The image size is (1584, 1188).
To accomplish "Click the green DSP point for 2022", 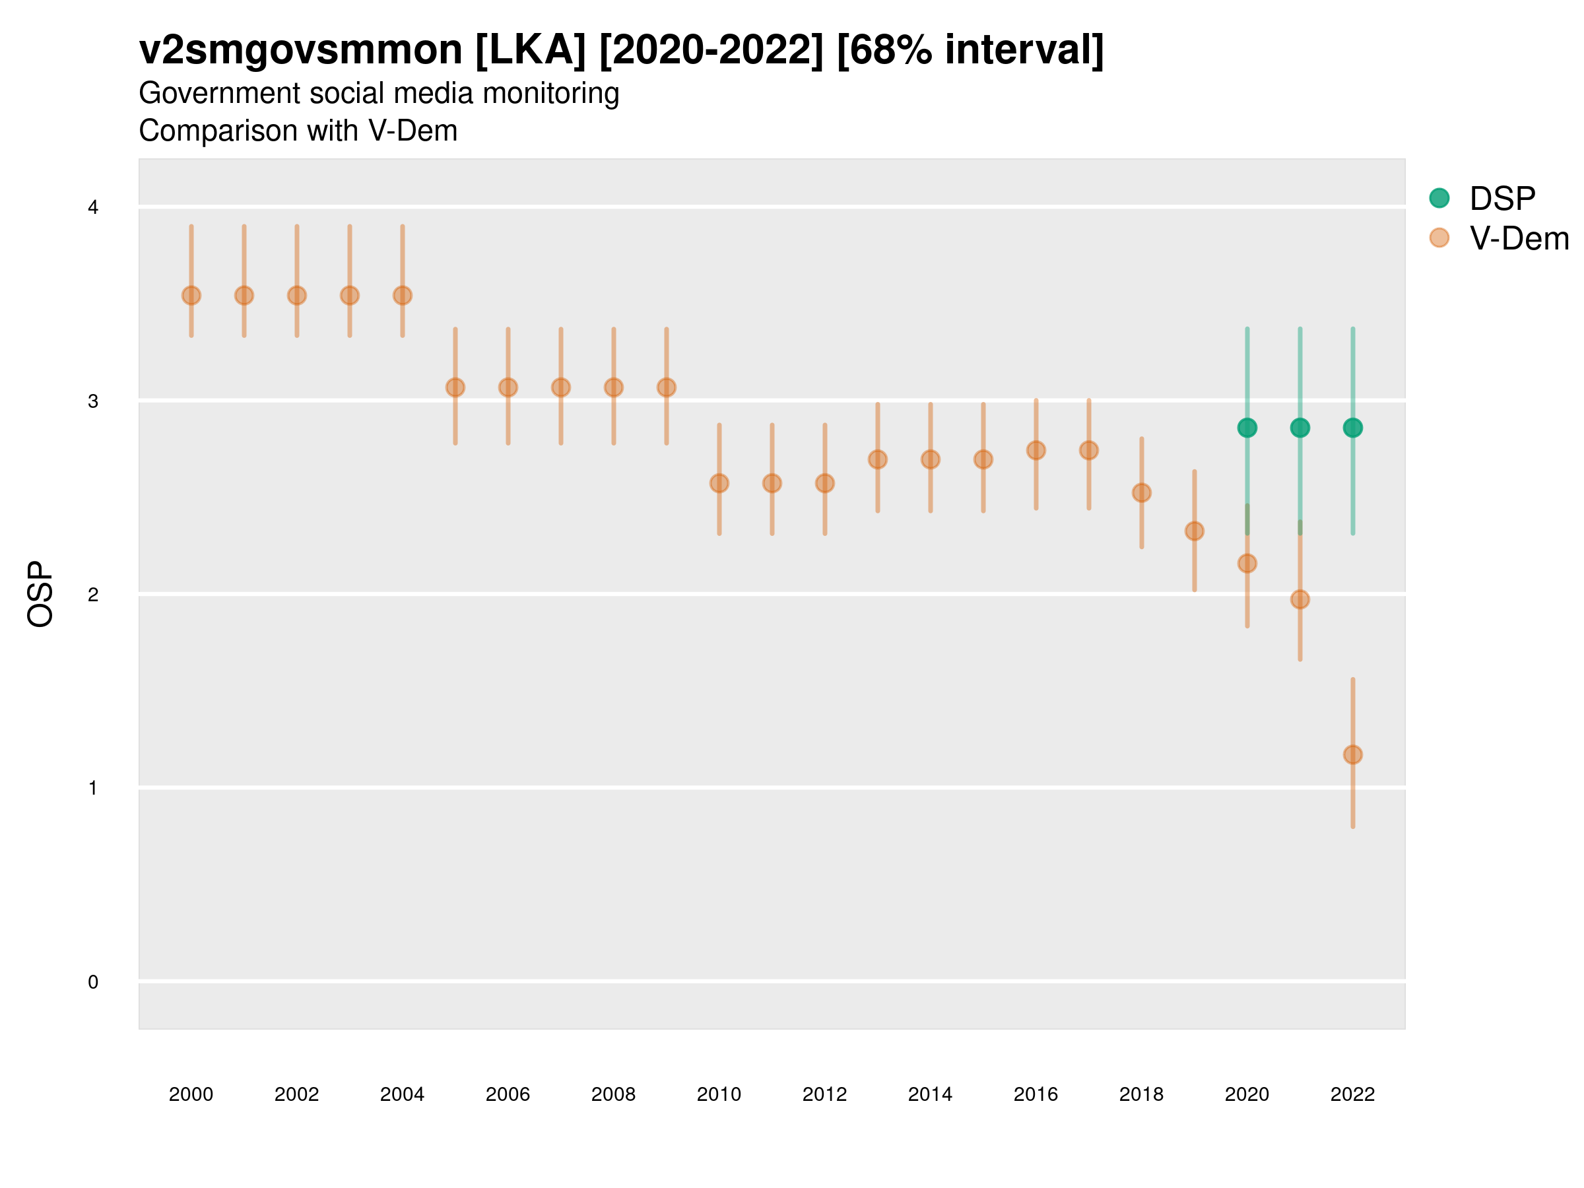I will (x=1353, y=428).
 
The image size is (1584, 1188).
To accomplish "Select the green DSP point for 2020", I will (x=1247, y=428).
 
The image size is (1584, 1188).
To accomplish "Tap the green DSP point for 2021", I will (x=1300, y=428).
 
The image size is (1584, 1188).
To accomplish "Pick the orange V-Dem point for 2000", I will (x=191, y=295).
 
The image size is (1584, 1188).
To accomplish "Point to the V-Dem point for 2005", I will (x=455, y=387).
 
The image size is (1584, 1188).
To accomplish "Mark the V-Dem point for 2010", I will (x=719, y=483).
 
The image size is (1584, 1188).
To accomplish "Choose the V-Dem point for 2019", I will (x=1195, y=531).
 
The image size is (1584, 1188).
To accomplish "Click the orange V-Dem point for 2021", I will (x=1300, y=599).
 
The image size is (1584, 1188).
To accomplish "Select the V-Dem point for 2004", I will (x=403, y=295).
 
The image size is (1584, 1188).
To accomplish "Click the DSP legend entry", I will (x=1501, y=199).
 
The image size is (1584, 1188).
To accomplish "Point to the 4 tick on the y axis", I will (x=93, y=208).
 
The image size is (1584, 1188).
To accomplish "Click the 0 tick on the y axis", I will (x=93, y=982).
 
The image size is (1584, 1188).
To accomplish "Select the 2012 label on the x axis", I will (x=824, y=1094).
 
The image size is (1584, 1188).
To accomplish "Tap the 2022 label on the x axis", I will (x=1353, y=1094).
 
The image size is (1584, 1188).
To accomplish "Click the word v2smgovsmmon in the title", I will (x=301, y=50).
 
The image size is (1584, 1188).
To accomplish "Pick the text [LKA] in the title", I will (x=531, y=50).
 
